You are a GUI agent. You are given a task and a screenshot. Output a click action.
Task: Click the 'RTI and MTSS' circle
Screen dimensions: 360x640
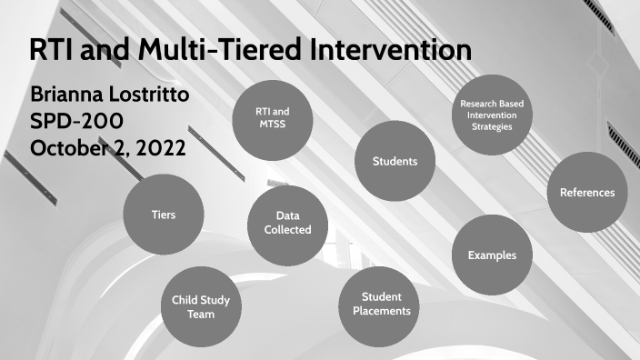click(x=272, y=118)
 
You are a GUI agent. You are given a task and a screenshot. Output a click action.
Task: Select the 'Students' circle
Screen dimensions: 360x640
click(x=395, y=161)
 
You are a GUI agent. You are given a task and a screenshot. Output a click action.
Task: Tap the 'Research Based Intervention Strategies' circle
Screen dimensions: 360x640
click(x=491, y=115)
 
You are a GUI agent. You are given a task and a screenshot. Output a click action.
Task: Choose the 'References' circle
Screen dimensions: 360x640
click(x=586, y=192)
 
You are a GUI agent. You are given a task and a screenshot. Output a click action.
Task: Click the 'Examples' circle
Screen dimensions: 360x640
click(x=492, y=255)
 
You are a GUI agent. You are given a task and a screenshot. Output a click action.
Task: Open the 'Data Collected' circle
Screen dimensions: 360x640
click(x=287, y=224)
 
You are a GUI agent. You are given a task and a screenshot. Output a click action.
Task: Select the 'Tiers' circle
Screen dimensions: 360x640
click(x=163, y=215)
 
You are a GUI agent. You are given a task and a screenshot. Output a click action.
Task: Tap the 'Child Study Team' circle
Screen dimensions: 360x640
click(x=202, y=307)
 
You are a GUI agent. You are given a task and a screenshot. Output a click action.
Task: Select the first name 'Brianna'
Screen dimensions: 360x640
click(x=67, y=95)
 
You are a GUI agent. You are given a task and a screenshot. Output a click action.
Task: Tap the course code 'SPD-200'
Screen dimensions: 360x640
click(x=76, y=121)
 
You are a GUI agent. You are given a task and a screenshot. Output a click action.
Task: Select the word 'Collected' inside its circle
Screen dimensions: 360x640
click(x=287, y=230)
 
